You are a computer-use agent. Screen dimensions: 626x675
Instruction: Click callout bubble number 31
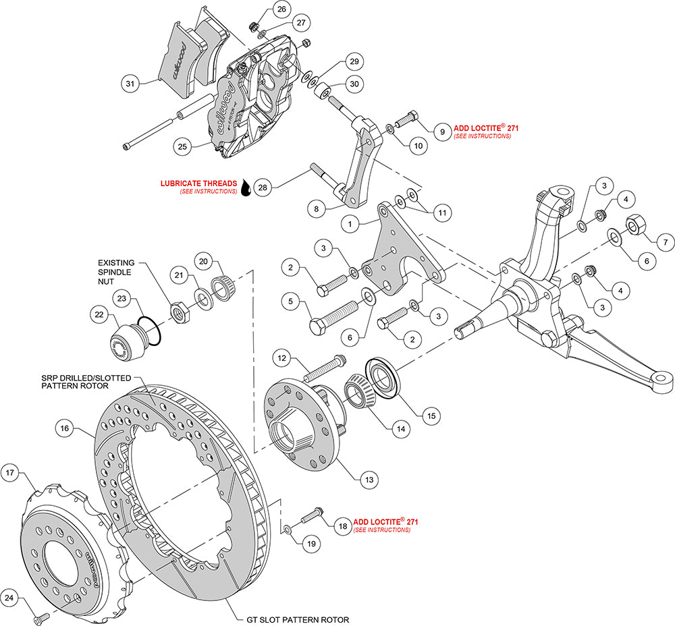tap(131, 84)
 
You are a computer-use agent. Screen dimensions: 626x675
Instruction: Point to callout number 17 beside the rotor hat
tap(11, 474)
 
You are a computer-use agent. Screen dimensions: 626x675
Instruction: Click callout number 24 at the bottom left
tap(9, 597)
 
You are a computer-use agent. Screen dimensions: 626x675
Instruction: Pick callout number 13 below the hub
tap(369, 480)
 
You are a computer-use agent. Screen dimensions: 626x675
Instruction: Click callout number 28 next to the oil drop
tap(264, 188)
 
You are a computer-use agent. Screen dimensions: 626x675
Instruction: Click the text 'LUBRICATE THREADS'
tap(198, 183)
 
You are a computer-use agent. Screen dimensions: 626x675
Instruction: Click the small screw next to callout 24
tap(38, 615)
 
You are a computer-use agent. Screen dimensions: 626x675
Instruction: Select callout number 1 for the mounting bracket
tap(350, 220)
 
